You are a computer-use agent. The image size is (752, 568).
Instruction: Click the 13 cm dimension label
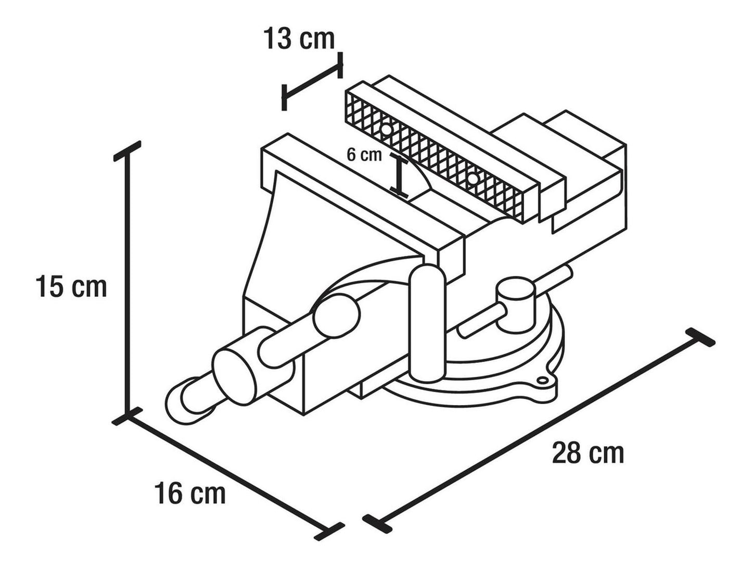point(299,39)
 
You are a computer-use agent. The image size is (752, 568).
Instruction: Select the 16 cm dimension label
point(190,493)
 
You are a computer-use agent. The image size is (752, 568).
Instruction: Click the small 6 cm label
point(364,155)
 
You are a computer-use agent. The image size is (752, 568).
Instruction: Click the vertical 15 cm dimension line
point(128,283)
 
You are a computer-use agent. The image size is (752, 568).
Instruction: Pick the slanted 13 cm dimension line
point(312,82)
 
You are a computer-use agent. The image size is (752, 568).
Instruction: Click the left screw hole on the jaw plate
point(387,130)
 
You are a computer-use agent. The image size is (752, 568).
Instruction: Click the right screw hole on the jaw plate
point(473,179)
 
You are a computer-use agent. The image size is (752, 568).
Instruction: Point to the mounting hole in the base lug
point(542,380)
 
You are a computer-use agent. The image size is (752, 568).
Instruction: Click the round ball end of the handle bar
point(337,316)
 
